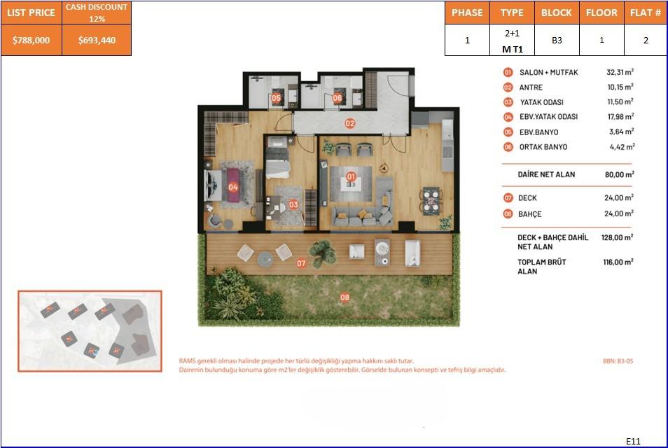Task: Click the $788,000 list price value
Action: click(x=32, y=41)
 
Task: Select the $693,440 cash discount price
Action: click(x=97, y=41)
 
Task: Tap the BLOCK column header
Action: click(x=557, y=13)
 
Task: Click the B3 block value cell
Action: click(x=557, y=41)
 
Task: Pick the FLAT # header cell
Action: click(x=645, y=13)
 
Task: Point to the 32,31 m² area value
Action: click(x=620, y=72)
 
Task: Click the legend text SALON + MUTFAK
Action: click(x=548, y=72)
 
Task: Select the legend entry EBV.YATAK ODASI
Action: click(x=548, y=117)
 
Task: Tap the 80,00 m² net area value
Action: click(x=619, y=174)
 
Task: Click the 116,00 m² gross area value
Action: click(x=619, y=262)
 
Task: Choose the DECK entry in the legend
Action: click(x=528, y=198)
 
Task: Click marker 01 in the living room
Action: click(x=350, y=177)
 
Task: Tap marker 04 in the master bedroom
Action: click(x=233, y=187)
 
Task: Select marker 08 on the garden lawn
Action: click(x=345, y=297)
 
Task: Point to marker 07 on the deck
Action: click(x=301, y=264)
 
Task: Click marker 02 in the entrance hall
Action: click(x=350, y=123)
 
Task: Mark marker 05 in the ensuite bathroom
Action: click(x=276, y=99)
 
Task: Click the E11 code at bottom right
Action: click(x=633, y=441)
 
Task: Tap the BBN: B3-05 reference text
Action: click(x=617, y=361)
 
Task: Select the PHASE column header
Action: click(x=467, y=13)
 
